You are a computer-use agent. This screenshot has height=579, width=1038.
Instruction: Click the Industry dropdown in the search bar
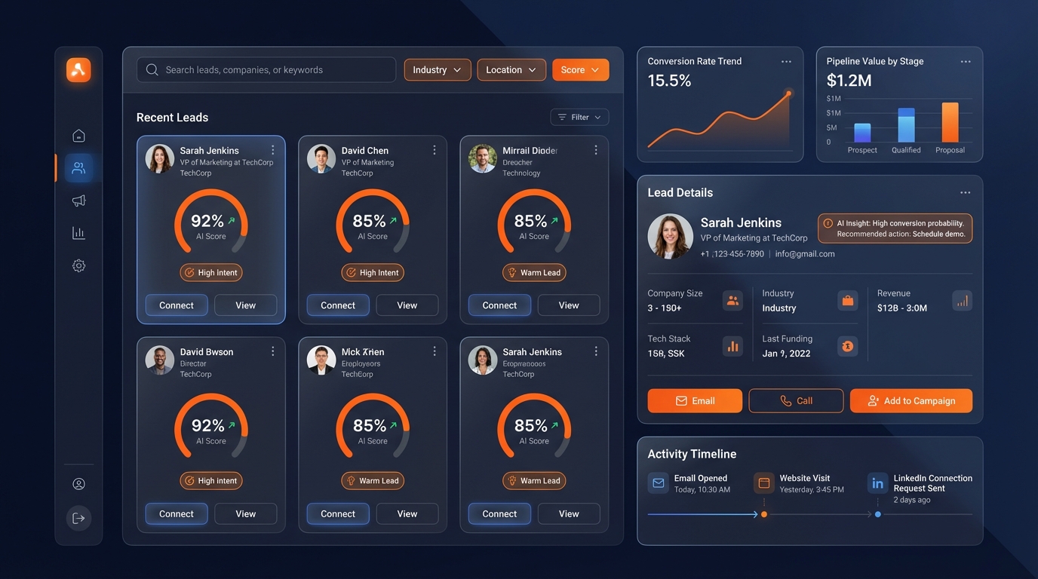click(x=438, y=70)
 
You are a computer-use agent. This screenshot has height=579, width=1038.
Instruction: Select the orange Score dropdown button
click(x=580, y=70)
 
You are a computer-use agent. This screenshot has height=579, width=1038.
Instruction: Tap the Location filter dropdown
click(x=511, y=70)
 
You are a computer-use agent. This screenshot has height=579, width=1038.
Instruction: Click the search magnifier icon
click(x=152, y=70)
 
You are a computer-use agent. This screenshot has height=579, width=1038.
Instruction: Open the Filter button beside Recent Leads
click(x=579, y=117)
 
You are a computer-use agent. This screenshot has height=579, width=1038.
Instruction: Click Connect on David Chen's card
click(x=337, y=305)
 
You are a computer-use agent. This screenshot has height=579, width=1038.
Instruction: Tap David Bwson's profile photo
click(x=160, y=360)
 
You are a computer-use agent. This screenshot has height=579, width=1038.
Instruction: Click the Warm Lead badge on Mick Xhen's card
click(x=373, y=481)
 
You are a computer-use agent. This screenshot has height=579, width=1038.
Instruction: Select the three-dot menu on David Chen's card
click(x=435, y=150)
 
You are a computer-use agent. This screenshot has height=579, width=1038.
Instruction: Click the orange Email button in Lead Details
click(x=694, y=401)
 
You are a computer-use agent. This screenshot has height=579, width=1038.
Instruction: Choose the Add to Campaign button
click(x=911, y=401)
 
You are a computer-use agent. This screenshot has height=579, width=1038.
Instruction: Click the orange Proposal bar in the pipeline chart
click(x=950, y=122)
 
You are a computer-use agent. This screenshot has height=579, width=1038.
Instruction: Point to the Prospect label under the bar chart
click(x=862, y=150)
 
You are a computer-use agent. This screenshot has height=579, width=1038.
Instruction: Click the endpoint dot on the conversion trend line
click(x=789, y=93)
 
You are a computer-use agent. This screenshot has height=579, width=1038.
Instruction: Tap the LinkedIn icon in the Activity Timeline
click(x=877, y=483)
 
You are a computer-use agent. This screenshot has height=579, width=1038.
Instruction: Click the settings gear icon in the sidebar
click(x=78, y=265)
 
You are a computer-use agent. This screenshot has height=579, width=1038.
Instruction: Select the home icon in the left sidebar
click(x=78, y=136)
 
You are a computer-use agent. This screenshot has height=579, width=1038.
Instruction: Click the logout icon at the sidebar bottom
click(x=78, y=518)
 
